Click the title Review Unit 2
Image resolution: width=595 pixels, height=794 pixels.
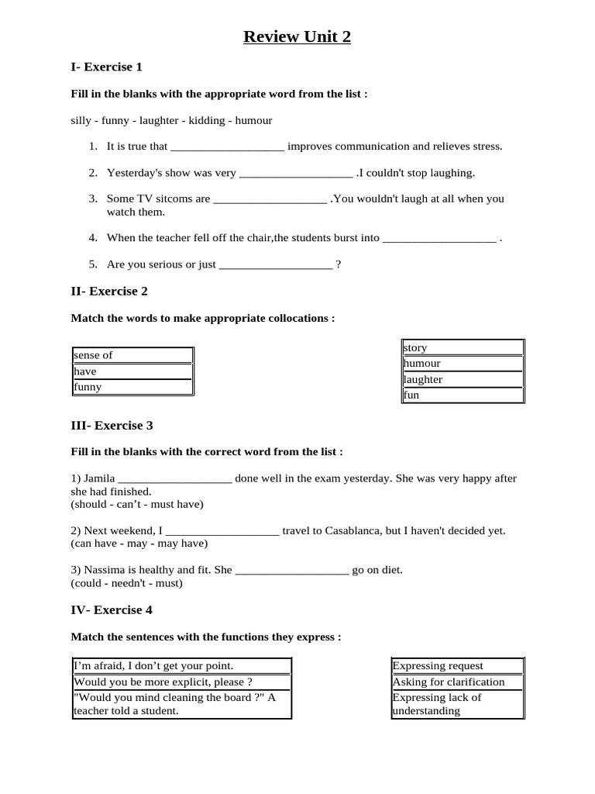297,36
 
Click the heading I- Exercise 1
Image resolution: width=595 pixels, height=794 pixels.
106,67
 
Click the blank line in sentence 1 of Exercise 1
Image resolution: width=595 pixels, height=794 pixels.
227,147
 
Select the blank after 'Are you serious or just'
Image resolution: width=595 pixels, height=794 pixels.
276,264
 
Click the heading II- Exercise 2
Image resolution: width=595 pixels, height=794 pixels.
109,291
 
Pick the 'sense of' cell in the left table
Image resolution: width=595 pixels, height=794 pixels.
132,355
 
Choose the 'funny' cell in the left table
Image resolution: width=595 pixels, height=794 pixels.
132,387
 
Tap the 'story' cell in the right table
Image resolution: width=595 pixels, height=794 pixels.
463,347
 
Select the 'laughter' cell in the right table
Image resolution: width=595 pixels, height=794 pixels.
463,379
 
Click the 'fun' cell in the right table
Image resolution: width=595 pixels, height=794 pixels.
463,395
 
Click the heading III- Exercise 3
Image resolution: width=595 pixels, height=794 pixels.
112,425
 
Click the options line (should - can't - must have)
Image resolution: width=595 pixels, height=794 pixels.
137,504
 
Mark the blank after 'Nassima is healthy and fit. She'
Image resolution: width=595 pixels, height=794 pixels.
291,570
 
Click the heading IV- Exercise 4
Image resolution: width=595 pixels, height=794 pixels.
112,609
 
